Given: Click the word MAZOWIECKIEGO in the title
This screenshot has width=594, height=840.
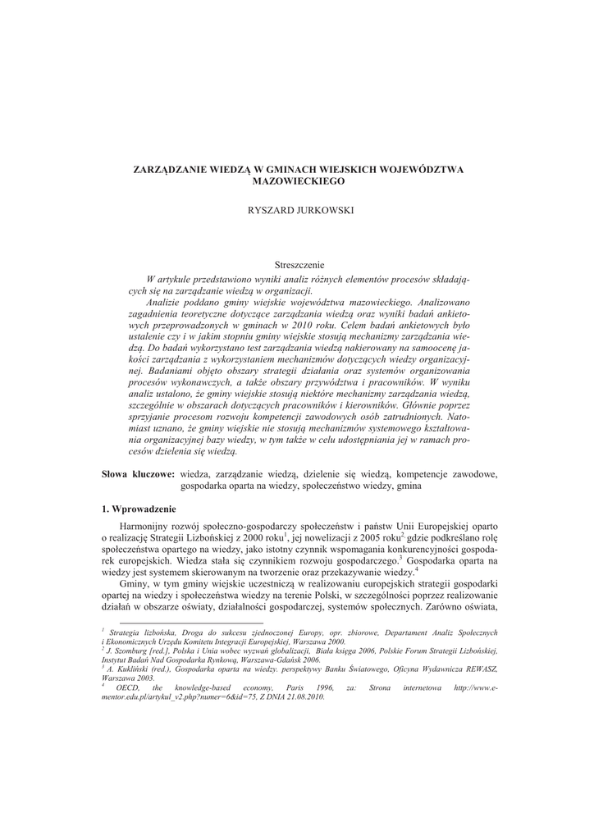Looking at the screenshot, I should point(298,180).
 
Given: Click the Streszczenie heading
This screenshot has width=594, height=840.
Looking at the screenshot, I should point(299,264).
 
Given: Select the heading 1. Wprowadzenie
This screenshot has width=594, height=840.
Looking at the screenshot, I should point(134,509).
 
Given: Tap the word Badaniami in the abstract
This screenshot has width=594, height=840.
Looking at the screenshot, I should point(151,371).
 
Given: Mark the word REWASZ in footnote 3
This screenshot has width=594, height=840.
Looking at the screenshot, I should point(473,669).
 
